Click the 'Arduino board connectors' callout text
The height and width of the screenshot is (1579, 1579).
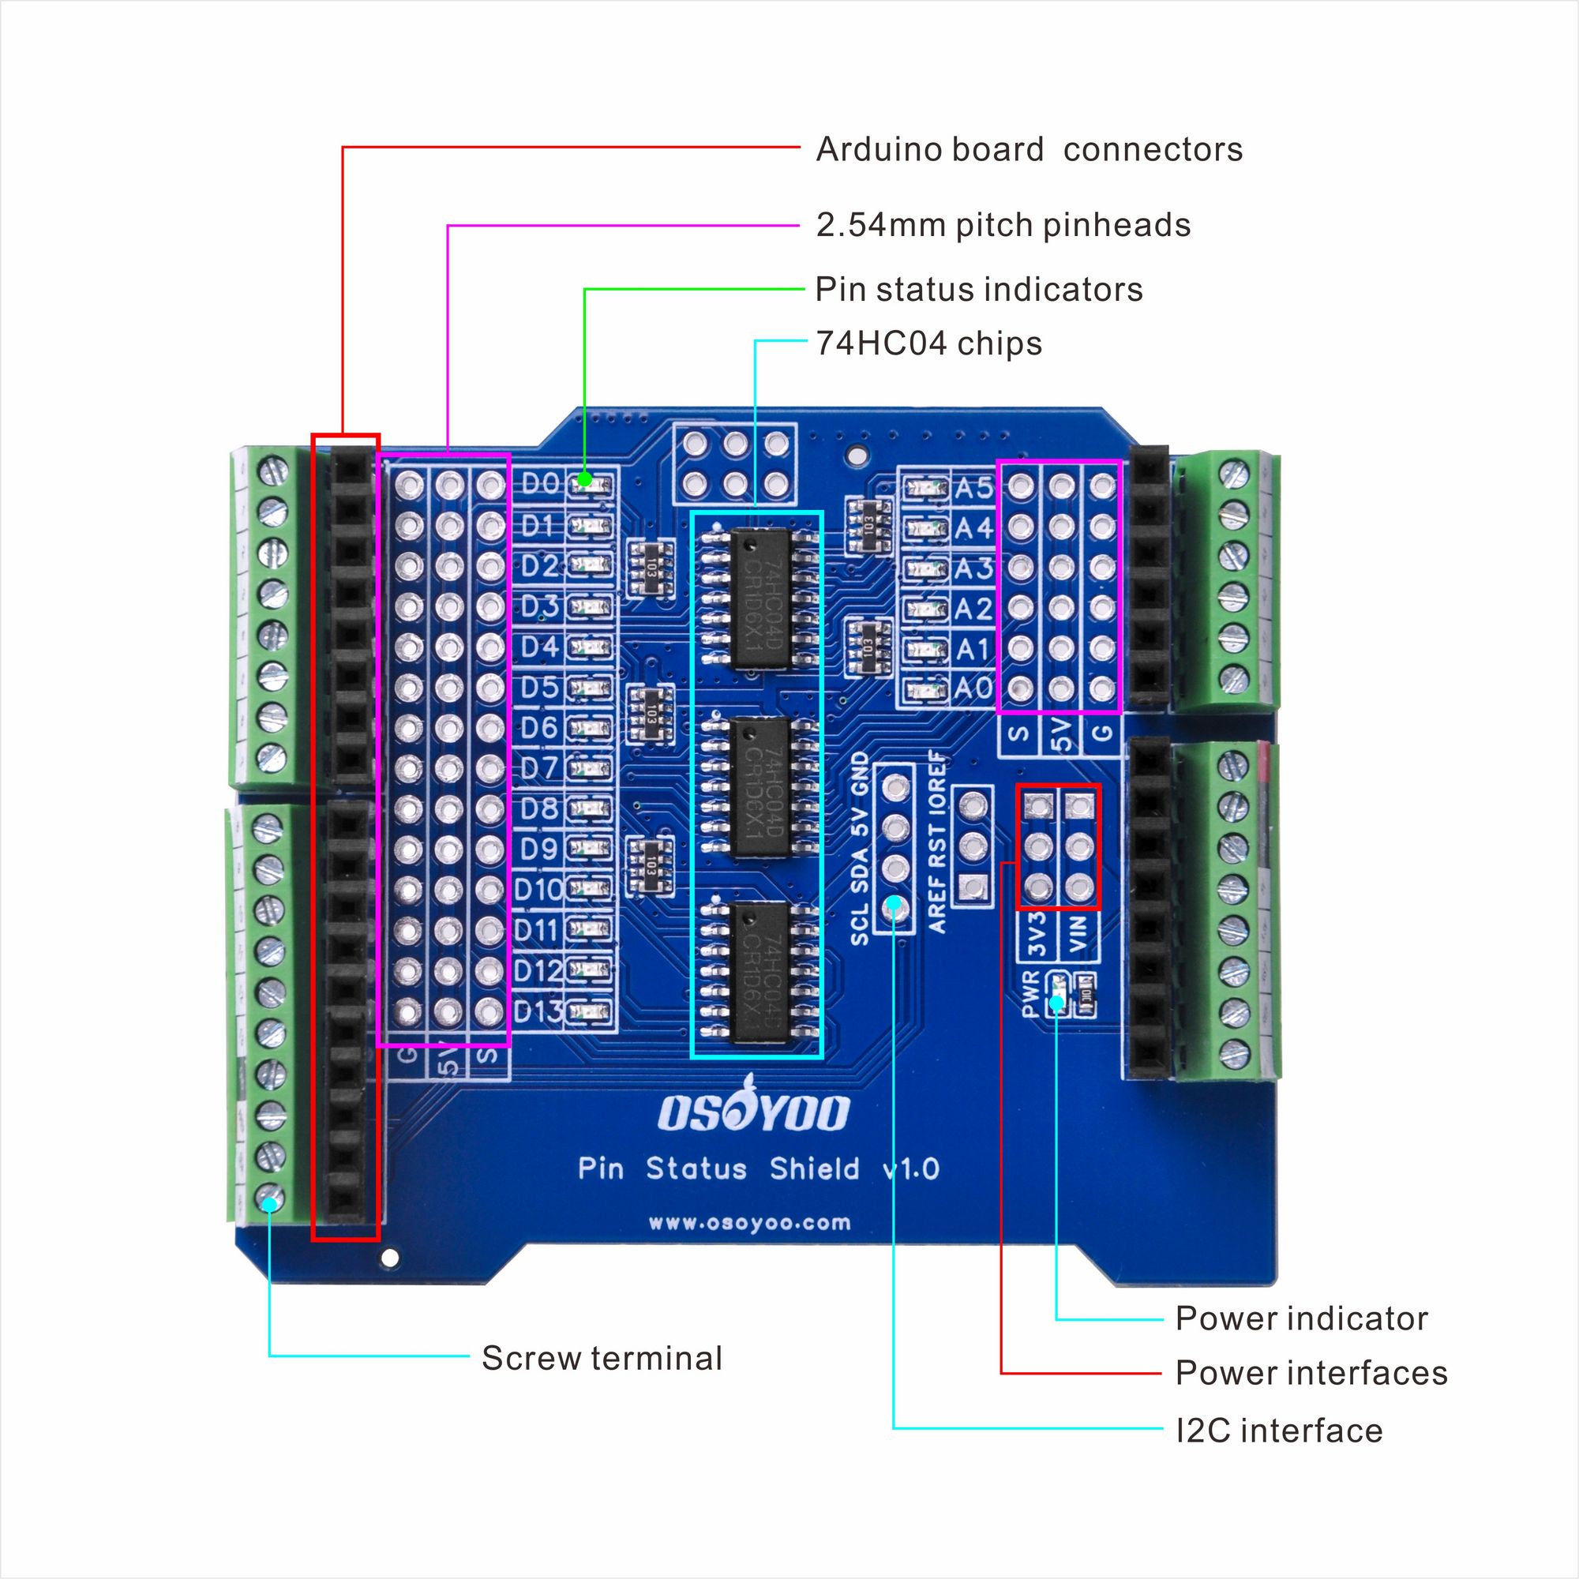tap(1028, 149)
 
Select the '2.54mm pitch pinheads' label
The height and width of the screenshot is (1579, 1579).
tap(1003, 225)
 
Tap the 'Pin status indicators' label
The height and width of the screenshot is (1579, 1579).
tap(978, 289)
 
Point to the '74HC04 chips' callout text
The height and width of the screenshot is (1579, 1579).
tap(928, 343)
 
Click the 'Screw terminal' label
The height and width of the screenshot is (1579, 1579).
tap(602, 1357)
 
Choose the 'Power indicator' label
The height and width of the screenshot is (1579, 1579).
tap(1301, 1318)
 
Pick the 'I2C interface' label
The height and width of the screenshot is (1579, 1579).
tap(1278, 1431)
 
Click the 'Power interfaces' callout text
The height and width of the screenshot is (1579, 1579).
tap(1311, 1372)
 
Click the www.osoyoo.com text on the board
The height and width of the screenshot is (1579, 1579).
tap(749, 1224)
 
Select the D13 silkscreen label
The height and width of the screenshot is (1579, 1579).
tap(538, 1012)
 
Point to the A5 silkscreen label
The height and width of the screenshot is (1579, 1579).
tap(973, 488)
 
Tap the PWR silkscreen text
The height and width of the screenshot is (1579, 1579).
tap(1030, 994)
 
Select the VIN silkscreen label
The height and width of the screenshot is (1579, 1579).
tap(1078, 934)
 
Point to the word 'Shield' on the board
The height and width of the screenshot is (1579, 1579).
tap(814, 1168)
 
